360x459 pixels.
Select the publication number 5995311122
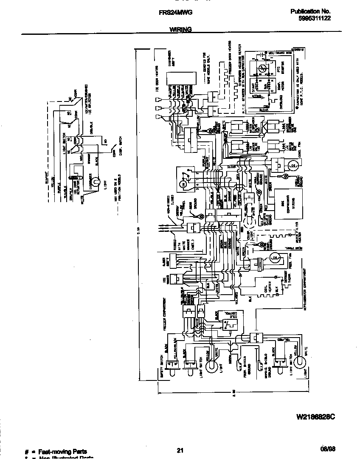(x=315, y=18)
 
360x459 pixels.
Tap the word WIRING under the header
(x=180, y=30)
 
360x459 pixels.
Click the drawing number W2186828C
(x=315, y=417)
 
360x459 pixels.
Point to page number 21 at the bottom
(x=180, y=451)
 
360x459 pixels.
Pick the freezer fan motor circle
(x=274, y=257)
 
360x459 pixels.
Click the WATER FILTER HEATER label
(x=299, y=233)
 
